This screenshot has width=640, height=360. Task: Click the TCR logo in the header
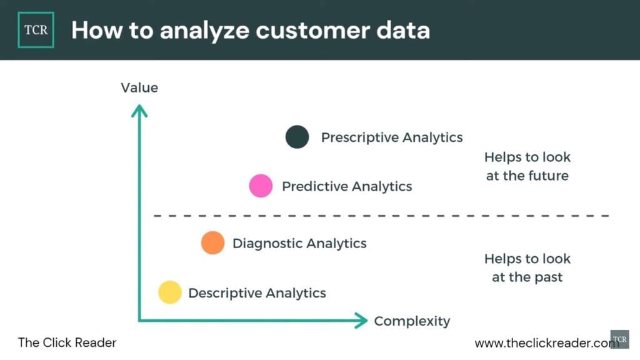click(36, 29)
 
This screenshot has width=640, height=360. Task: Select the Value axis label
click(139, 88)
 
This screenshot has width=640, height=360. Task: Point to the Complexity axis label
click(412, 321)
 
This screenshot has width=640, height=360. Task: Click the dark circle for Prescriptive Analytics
click(297, 137)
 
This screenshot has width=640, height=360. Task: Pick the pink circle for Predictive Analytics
click(261, 186)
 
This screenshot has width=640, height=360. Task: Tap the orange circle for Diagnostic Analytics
click(213, 242)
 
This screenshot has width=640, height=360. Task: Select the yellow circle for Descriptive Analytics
click(169, 292)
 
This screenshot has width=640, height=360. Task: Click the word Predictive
click(314, 186)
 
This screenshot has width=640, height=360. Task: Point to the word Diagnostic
click(266, 243)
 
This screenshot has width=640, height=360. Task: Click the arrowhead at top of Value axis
click(139, 111)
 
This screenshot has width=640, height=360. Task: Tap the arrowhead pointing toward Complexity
click(361, 321)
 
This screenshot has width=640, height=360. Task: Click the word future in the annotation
click(548, 176)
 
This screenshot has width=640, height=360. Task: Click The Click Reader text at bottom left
click(67, 342)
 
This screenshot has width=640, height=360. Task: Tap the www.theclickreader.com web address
click(542, 343)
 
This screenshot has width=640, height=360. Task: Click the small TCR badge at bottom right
click(619, 339)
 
